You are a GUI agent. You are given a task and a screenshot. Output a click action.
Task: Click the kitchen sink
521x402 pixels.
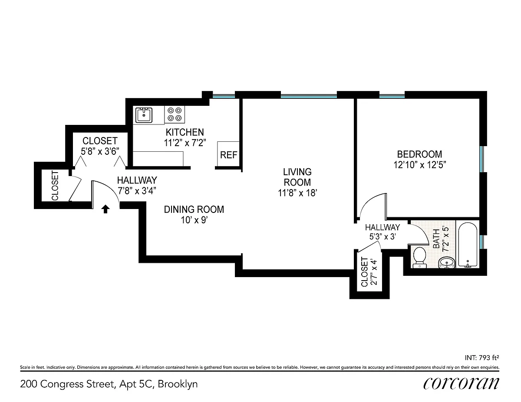point(144,115)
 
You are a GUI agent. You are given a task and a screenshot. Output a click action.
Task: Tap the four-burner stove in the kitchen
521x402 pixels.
point(175,114)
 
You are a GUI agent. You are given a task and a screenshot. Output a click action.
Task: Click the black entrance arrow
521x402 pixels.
point(106,209)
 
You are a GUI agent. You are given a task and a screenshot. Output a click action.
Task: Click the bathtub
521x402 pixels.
point(468,245)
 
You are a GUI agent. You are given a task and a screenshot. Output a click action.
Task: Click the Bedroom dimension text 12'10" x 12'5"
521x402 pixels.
point(419,165)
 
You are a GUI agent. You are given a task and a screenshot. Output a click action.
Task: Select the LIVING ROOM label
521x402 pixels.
point(297,177)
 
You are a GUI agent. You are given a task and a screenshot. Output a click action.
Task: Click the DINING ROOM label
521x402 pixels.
point(194,209)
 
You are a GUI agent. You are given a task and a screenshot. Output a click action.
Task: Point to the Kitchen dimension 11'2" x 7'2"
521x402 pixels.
point(185,143)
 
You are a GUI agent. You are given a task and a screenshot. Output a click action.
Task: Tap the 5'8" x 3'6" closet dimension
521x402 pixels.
point(100,151)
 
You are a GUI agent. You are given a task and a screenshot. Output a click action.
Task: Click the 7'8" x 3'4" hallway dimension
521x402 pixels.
point(137,191)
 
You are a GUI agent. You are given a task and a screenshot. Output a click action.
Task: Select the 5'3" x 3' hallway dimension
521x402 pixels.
point(383,236)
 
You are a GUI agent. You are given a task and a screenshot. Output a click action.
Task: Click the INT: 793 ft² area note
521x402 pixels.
point(482,358)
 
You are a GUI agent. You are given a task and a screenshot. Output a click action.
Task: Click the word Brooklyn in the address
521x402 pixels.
point(178,384)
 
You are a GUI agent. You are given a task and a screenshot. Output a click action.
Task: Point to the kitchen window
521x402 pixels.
point(224,97)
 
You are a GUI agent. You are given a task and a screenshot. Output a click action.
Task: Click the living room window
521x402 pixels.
point(309,97)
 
